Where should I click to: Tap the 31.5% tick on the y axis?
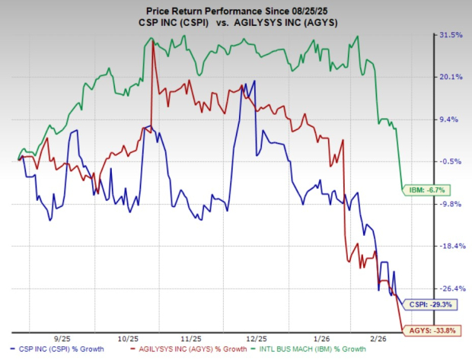(451, 35)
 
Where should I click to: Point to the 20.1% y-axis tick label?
(451, 77)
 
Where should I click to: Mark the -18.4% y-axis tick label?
(451, 246)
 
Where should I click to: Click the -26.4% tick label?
(451, 288)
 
